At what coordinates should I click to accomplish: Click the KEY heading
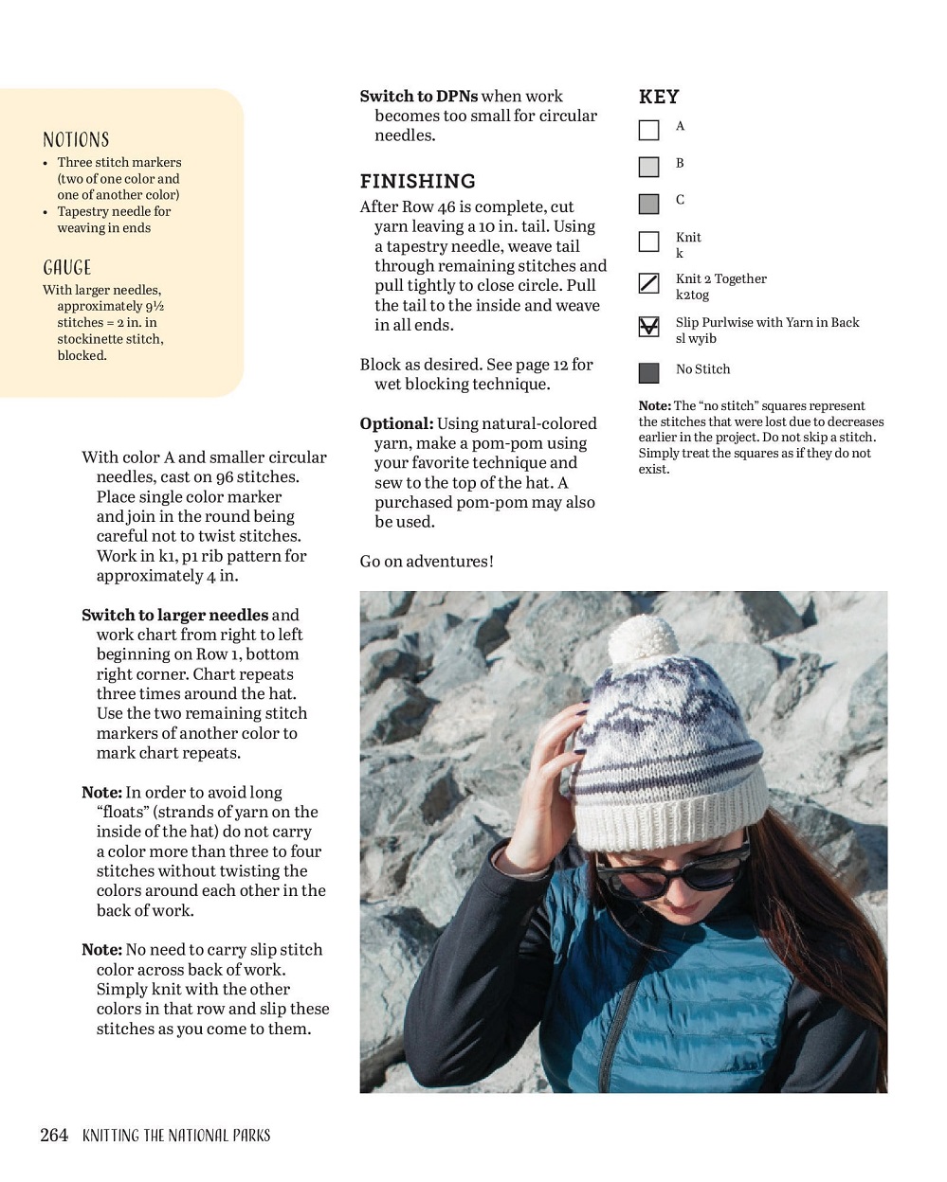(659, 97)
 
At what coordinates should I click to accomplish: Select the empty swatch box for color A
(648, 130)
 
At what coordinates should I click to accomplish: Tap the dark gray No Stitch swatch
(648, 372)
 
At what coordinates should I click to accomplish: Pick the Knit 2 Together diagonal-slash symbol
(648, 283)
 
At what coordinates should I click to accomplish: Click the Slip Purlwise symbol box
(648, 327)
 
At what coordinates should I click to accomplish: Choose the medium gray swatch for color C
(648, 204)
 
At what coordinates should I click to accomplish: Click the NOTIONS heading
(76, 140)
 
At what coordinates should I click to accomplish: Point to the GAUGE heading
(67, 268)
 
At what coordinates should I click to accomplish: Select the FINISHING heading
(417, 181)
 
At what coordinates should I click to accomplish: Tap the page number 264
(54, 1135)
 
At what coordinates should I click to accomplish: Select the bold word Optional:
(396, 423)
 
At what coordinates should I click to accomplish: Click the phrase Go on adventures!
(427, 561)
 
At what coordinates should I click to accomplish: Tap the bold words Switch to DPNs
(418, 96)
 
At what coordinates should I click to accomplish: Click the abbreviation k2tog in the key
(692, 295)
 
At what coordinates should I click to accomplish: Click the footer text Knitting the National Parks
(176, 1135)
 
